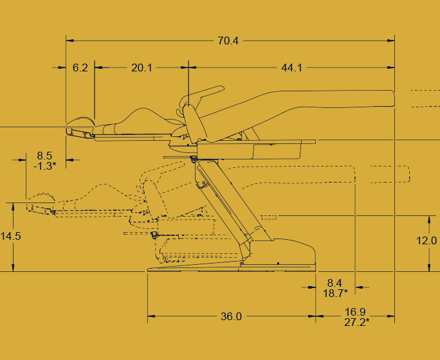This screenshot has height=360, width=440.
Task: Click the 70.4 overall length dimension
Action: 228,41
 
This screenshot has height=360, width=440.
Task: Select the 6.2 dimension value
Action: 80,68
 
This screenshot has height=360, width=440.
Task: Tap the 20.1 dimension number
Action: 142,68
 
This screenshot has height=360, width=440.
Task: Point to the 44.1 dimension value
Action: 291,68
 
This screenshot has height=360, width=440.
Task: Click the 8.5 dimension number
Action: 44,156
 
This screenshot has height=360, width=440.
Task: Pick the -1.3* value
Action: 44,166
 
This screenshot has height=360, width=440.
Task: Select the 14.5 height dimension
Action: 11,236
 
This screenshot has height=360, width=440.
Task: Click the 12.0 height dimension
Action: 426,240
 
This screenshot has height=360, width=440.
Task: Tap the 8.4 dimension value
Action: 335,283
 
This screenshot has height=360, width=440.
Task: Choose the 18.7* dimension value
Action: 335,293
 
